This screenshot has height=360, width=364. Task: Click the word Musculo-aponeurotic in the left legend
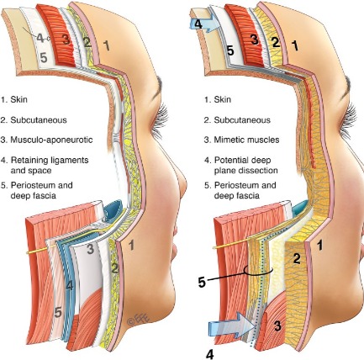[x=51, y=140]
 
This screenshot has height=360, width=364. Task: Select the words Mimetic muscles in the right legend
[x=246, y=140]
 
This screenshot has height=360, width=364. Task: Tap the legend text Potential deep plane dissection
[x=245, y=166]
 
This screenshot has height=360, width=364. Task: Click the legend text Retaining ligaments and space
[x=50, y=166]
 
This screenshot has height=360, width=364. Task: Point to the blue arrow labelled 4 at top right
[x=202, y=24]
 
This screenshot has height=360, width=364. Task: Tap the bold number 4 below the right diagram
[x=209, y=354]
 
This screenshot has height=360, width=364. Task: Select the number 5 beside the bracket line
[x=202, y=283]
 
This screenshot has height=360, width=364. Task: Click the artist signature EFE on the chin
[x=139, y=319]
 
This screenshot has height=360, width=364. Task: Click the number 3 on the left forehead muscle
[x=66, y=40]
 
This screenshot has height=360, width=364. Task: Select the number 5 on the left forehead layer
[x=44, y=57]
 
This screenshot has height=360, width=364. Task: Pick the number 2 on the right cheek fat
[x=297, y=258]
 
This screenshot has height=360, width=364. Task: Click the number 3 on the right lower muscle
[x=277, y=326]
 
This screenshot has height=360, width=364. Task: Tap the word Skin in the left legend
[x=18, y=99]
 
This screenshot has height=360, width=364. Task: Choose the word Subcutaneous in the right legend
[x=242, y=120]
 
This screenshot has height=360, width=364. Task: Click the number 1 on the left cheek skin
[x=131, y=246]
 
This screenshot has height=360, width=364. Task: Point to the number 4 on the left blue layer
[x=70, y=286]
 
